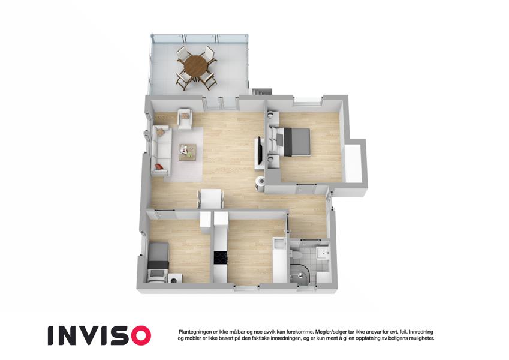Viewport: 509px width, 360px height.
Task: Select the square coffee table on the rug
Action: pos(188,151)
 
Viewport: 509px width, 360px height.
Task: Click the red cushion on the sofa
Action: pos(159,166)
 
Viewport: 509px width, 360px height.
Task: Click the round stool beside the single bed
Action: pos(175,278)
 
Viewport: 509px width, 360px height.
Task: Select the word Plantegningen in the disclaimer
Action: pos(196,332)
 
